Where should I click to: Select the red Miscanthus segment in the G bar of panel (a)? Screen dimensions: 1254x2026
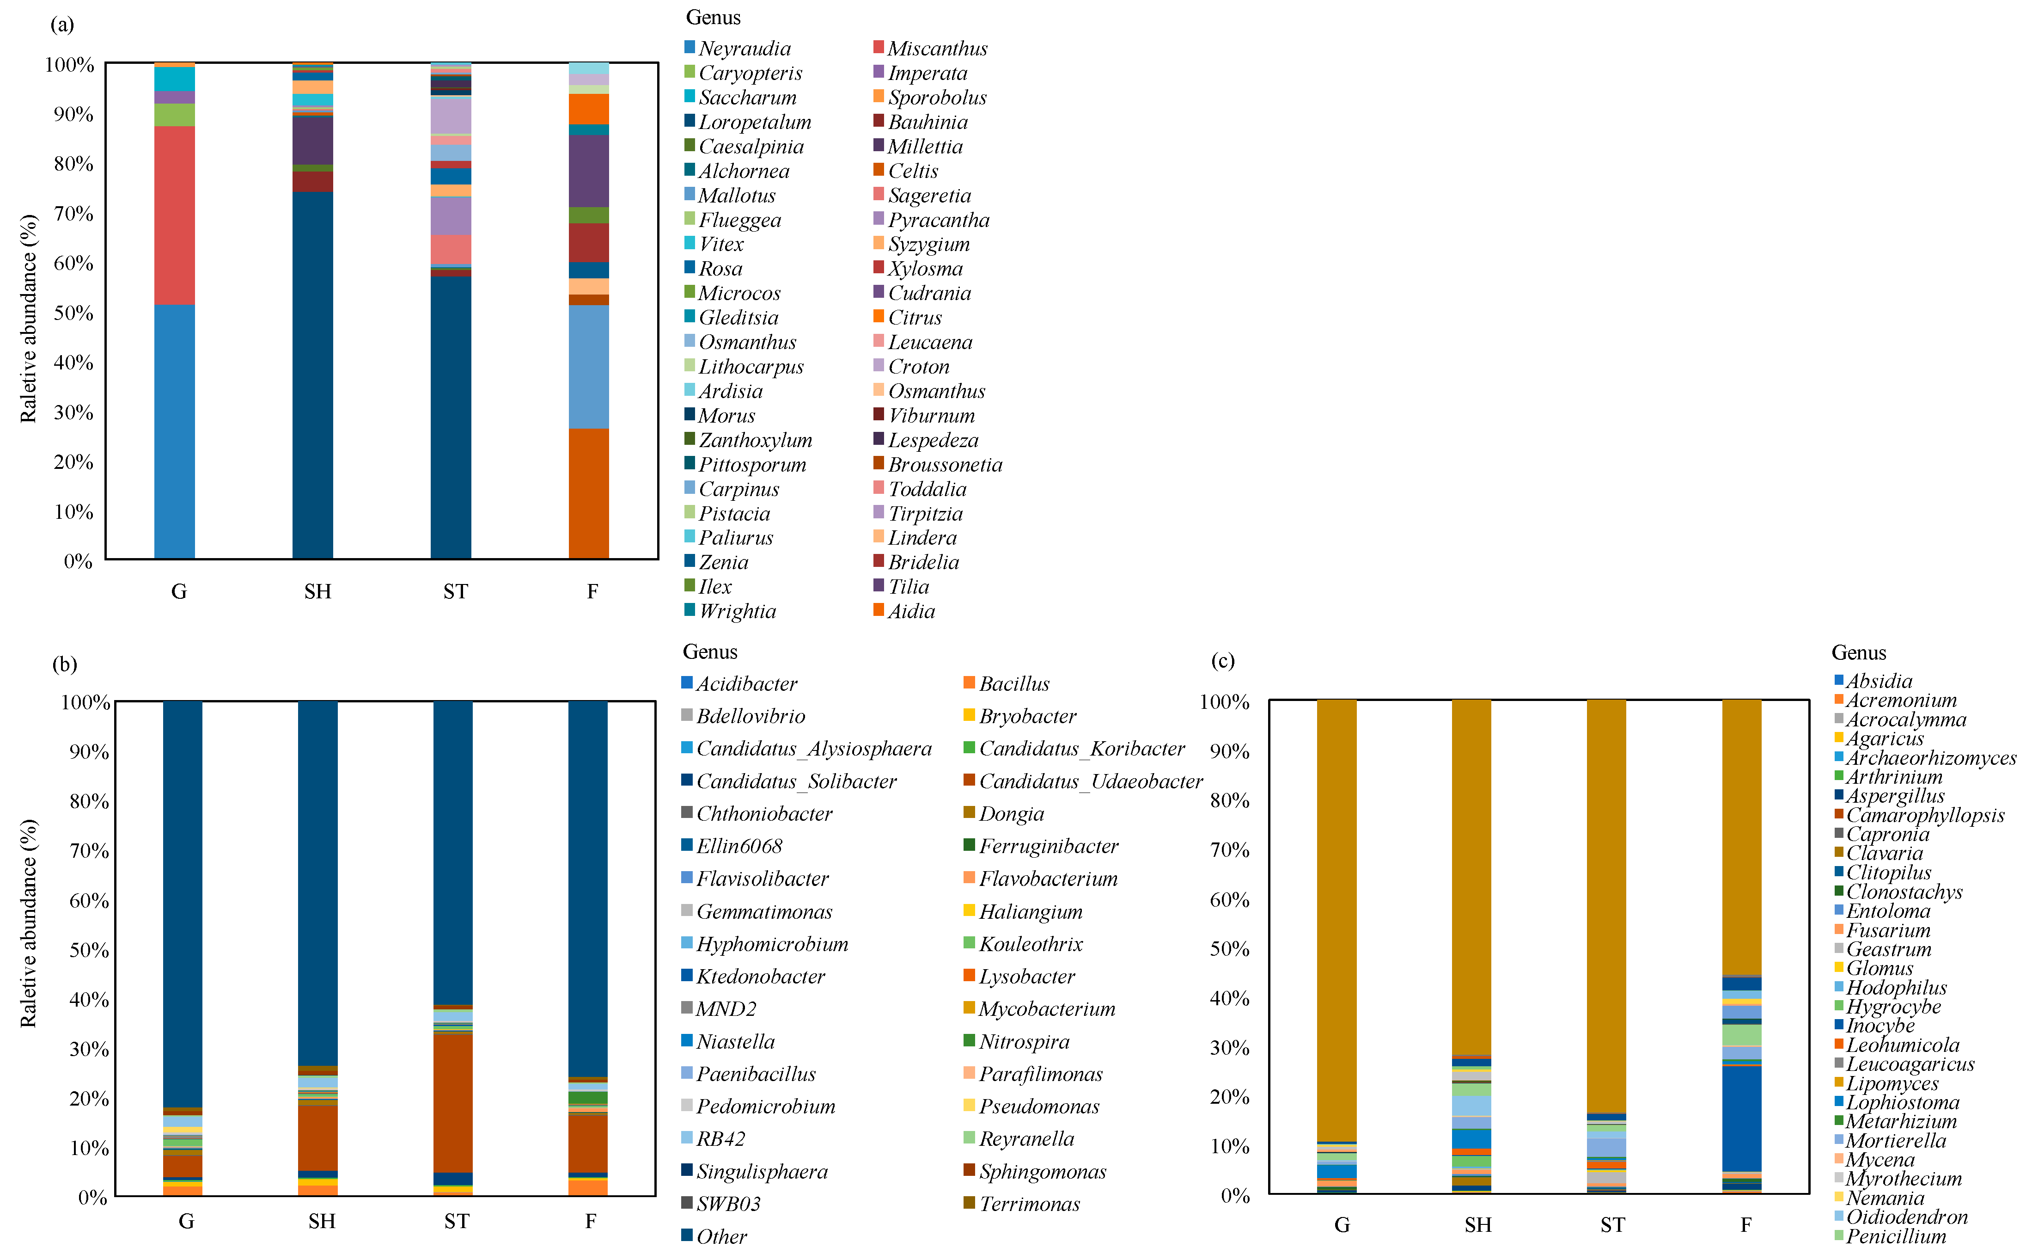click(x=174, y=215)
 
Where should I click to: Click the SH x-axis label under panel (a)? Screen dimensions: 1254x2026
click(x=317, y=591)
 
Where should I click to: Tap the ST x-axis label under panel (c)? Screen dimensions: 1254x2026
click(x=1612, y=1225)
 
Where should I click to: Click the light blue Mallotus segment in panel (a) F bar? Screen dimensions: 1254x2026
click(x=589, y=367)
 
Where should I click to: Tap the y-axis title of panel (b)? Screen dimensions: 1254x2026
click(x=29, y=923)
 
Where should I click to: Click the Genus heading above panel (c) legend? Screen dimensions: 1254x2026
click(x=1859, y=653)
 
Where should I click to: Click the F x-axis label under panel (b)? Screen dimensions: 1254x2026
click(x=590, y=1221)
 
